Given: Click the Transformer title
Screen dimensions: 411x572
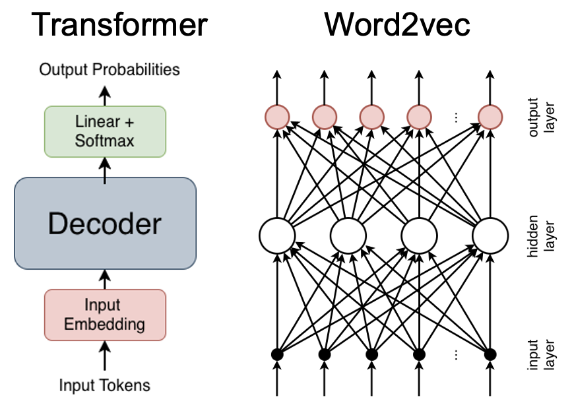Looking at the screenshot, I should point(119,25).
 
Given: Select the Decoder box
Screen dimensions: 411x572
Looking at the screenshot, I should point(105,224).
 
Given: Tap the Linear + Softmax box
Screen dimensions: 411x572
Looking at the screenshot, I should point(105,131).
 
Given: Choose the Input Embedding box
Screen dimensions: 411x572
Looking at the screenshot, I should point(105,315).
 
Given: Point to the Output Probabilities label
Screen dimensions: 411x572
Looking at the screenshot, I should point(110,69).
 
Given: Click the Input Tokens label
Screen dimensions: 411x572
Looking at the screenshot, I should point(105,385).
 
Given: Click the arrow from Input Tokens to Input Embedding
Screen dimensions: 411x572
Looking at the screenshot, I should point(105,357).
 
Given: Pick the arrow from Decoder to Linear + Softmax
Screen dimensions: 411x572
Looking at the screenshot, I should point(105,168).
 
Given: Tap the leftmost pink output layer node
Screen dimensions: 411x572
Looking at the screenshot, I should point(277,117).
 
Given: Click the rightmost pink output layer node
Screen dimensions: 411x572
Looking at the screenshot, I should point(490,117).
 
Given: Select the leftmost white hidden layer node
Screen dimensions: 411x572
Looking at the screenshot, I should point(277,234).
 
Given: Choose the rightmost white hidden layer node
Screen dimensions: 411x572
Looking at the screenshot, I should point(490,234).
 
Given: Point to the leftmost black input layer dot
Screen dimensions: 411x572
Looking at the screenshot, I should point(277,354).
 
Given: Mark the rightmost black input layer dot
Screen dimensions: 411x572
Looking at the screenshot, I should point(490,354).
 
